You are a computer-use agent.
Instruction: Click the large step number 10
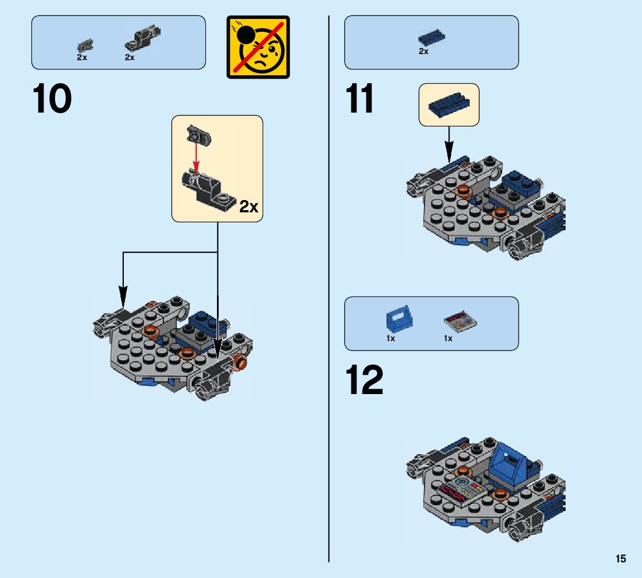pos(53,99)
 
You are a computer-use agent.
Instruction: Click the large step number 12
pos(365,380)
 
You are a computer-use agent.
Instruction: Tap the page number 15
pos(621,559)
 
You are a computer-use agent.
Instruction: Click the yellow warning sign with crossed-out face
pos(258,47)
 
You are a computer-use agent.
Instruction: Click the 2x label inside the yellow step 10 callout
pos(249,207)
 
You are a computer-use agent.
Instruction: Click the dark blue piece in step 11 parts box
pos(431,37)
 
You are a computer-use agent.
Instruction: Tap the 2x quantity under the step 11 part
pos(423,52)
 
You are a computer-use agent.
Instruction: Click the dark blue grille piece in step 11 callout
pos(449,104)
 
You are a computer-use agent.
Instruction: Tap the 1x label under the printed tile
pos(448,338)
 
